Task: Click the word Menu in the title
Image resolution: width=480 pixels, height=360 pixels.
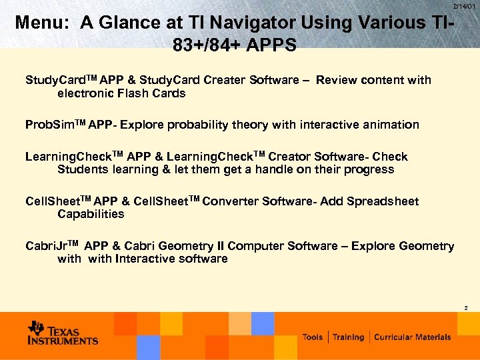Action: coord(42,23)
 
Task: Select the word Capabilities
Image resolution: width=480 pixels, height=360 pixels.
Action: coord(91,214)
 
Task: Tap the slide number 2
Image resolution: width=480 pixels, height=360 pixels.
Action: coord(465,308)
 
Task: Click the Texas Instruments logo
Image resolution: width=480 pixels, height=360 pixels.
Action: coord(63,333)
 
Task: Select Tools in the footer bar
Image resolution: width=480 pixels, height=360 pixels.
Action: coord(313,337)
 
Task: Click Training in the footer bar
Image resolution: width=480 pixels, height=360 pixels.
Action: coord(349,337)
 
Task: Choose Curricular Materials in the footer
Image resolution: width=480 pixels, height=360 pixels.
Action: coord(412,337)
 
